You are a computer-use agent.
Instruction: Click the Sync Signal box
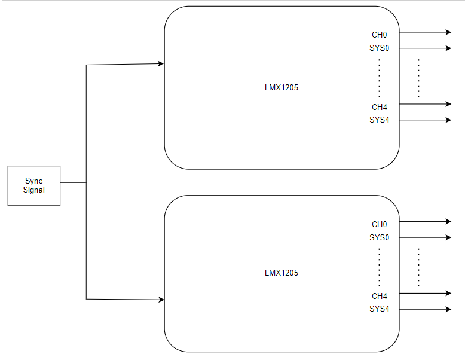pyautogui.click(x=34, y=185)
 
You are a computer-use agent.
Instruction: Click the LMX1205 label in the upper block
pyautogui.click(x=282, y=88)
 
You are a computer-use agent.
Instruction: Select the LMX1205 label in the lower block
pyautogui.click(x=282, y=273)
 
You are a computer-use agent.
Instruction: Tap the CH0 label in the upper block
pyautogui.click(x=379, y=35)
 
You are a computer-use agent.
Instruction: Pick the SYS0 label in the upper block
pyautogui.click(x=379, y=48)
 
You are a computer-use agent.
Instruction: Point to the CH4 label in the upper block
pyautogui.click(x=379, y=107)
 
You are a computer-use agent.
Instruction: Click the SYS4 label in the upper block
pyautogui.click(x=379, y=120)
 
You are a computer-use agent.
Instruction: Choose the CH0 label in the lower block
pyautogui.click(x=379, y=224)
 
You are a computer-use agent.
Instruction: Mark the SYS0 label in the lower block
pyautogui.click(x=379, y=237)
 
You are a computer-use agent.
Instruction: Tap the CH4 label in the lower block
pyautogui.click(x=379, y=296)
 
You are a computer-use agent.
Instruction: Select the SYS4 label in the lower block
pyautogui.click(x=379, y=309)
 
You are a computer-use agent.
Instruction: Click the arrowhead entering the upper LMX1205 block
pyautogui.click(x=160, y=63)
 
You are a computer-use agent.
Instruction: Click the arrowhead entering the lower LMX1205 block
pyautogui.click(x=160, y=300)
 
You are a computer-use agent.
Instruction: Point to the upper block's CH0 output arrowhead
pyautogui.click(x=448, y=32)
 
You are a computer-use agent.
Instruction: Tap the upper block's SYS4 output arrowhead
pyautogui.click(x=448, y=120)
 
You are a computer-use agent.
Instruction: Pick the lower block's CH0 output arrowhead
pyautogui.click(x=448, y=221)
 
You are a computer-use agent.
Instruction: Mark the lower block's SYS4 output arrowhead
pyautogui.click(x=448, y=309)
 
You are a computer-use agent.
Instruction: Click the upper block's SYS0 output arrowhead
pyautogui.click(x=448, y=48)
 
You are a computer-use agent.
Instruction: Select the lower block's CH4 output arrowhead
pyautogui.click(x=448, y=293)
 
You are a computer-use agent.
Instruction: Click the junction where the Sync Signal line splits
pyautogui.click(x=87, y=182)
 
